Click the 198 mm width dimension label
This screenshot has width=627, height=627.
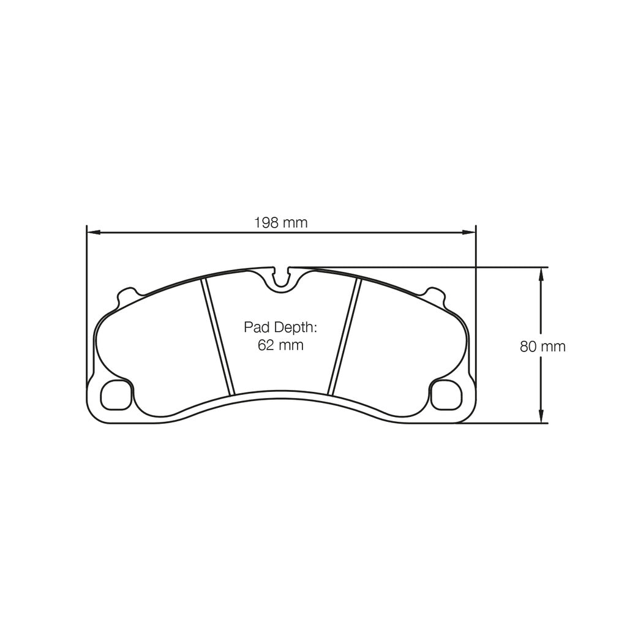(x=280, y=223)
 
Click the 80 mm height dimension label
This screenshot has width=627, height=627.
(x=543, y=347)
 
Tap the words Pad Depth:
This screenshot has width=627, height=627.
(x=280, y=327)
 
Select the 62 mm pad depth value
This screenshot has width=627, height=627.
(x=280, y=345)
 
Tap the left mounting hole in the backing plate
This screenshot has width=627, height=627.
(x=116, y=395)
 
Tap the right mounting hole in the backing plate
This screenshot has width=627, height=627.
(x=446, y=395)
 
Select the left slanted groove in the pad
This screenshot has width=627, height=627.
(x=219, y=337)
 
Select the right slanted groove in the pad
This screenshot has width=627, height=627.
(x=344, y=337)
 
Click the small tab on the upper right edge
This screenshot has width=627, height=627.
(x=436, y=294)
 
